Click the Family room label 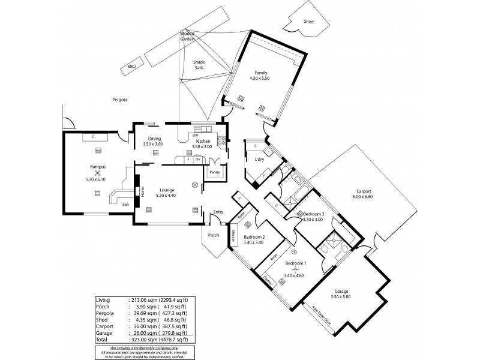click(260, 73)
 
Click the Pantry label click(214, 172)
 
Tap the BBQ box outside click(131, 67)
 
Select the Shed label click(309, 21)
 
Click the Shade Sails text click(199, 65)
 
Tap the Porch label click(214, 235)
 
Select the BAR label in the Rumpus click(125, 205)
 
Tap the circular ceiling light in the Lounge click(194, 185)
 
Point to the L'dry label click(260, 159)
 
